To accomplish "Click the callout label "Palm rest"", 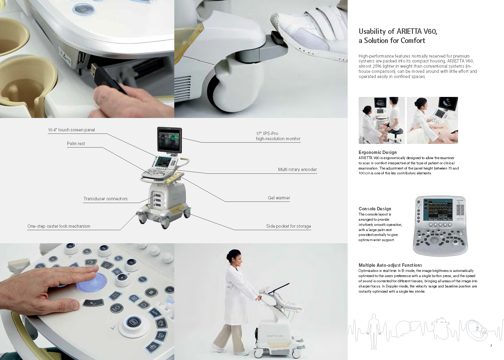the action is pos(76,144).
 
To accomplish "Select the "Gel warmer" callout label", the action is pos(279,198).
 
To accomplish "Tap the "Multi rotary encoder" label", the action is pos(297,169).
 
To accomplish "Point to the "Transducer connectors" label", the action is pos(105,199).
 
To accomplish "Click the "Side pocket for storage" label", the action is pos(289,226).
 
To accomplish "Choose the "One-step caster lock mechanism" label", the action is pos(59,226).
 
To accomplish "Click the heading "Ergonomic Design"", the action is pos(378,152).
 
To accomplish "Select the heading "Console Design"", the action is pos(375,209).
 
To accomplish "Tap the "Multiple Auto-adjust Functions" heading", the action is pos(390,265).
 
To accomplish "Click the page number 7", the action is pos(491,346).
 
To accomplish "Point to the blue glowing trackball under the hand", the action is pos(92,283).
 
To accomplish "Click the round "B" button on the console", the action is pos(151,292).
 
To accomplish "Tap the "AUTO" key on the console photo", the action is pos(155,313).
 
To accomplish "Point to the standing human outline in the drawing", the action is pos(374,331).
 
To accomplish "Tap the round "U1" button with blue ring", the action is pos(83,10).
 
